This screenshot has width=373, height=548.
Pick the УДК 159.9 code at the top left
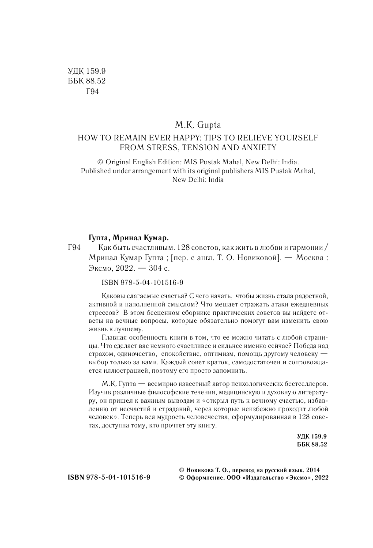click(87, 71)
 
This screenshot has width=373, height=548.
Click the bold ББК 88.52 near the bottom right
click(312, 445)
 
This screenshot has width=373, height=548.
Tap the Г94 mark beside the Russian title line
click(74, 248)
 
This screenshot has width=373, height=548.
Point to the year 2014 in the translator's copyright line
click(312, 470)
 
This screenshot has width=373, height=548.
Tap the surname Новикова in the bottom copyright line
click(197, 470)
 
